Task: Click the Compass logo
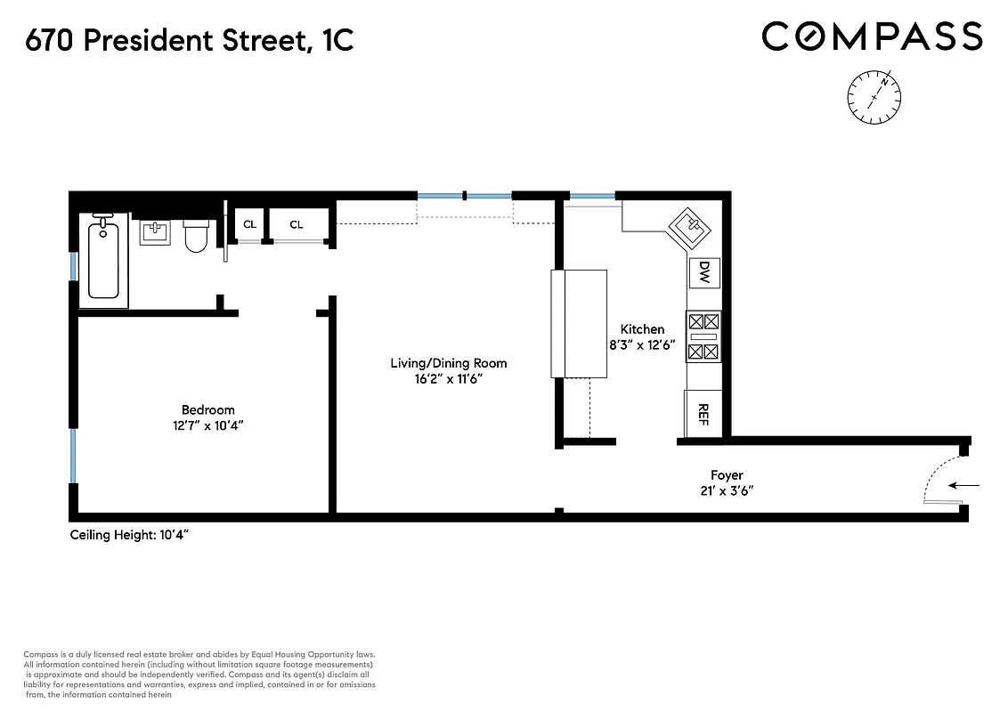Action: point(872,36)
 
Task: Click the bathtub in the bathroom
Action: point(103,260)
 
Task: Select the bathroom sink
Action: point(155,233)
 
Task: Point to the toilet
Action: point(196,237)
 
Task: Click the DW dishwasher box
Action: point(703,271)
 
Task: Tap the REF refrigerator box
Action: point(703,413)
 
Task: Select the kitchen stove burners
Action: point(703,336)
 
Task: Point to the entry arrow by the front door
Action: point(964,486)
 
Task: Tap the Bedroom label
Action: point(207,409)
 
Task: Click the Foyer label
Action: point(727,475)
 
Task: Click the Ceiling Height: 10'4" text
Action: point(130,535)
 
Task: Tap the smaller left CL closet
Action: point(249,224)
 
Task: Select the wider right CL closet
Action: point(297,224)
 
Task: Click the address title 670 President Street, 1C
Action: point(190,40)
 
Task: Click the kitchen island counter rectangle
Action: point(579,323)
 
